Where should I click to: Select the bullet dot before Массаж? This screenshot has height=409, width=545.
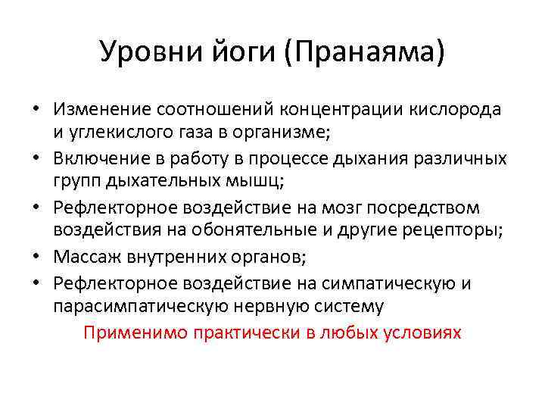(36, 258)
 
